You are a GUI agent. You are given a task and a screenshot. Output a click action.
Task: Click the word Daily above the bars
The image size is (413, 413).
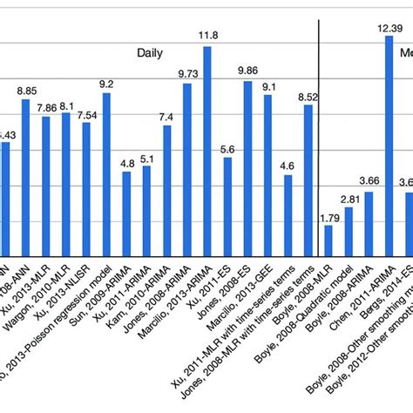[150, 52]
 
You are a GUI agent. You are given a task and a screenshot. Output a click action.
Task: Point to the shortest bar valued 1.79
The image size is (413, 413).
[328, 239]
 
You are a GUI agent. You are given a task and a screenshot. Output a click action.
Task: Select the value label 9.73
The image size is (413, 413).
[186, 74]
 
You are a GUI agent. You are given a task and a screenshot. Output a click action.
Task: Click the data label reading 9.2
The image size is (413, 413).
[106, 85]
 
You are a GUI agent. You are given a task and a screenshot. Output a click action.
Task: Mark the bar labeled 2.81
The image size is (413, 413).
[349, 230]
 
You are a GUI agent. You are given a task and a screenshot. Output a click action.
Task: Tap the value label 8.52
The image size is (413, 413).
[308, 98]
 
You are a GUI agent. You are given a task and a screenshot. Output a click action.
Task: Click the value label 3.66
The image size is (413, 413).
[369, 180]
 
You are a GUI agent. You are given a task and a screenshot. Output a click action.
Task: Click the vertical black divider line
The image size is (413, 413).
[321, 131]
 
